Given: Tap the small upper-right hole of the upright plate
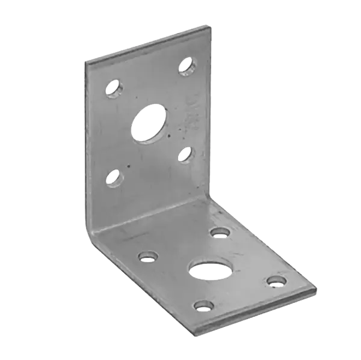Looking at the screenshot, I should tap(188, 63).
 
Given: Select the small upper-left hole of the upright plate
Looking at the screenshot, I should tap(113, 90).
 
